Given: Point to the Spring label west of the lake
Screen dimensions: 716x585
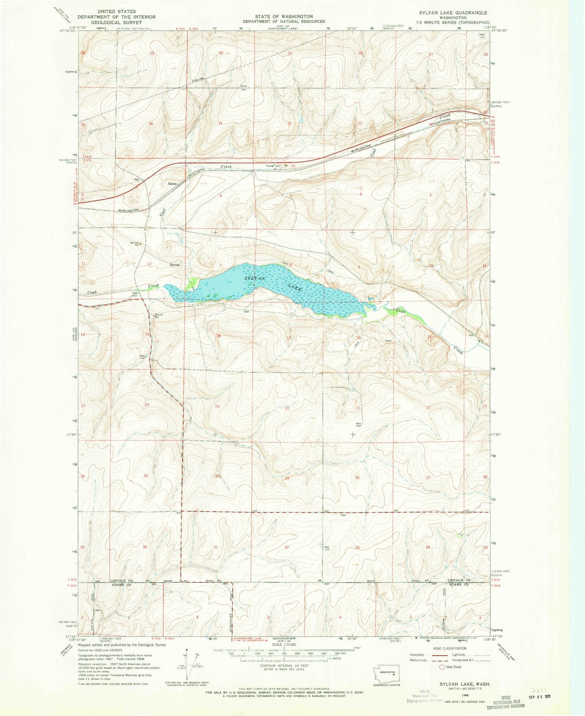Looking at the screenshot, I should click(x=174, y=265).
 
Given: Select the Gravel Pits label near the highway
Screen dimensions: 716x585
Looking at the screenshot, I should click(x=273, y=165).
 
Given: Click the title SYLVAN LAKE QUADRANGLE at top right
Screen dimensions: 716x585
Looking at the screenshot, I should click(x=447, y=13).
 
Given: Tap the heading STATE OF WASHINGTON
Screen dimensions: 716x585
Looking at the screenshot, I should click(x=283, y=17).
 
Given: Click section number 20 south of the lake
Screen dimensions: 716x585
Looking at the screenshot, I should click(x=287, y=408).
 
